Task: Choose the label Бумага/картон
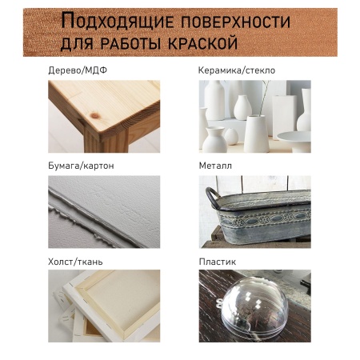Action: (81, 166)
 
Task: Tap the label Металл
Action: (215, 166)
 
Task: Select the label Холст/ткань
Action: (75, 261)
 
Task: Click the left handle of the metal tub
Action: (214, 197)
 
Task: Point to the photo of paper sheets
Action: (103, 211)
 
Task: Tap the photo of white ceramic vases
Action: (254, 116)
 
